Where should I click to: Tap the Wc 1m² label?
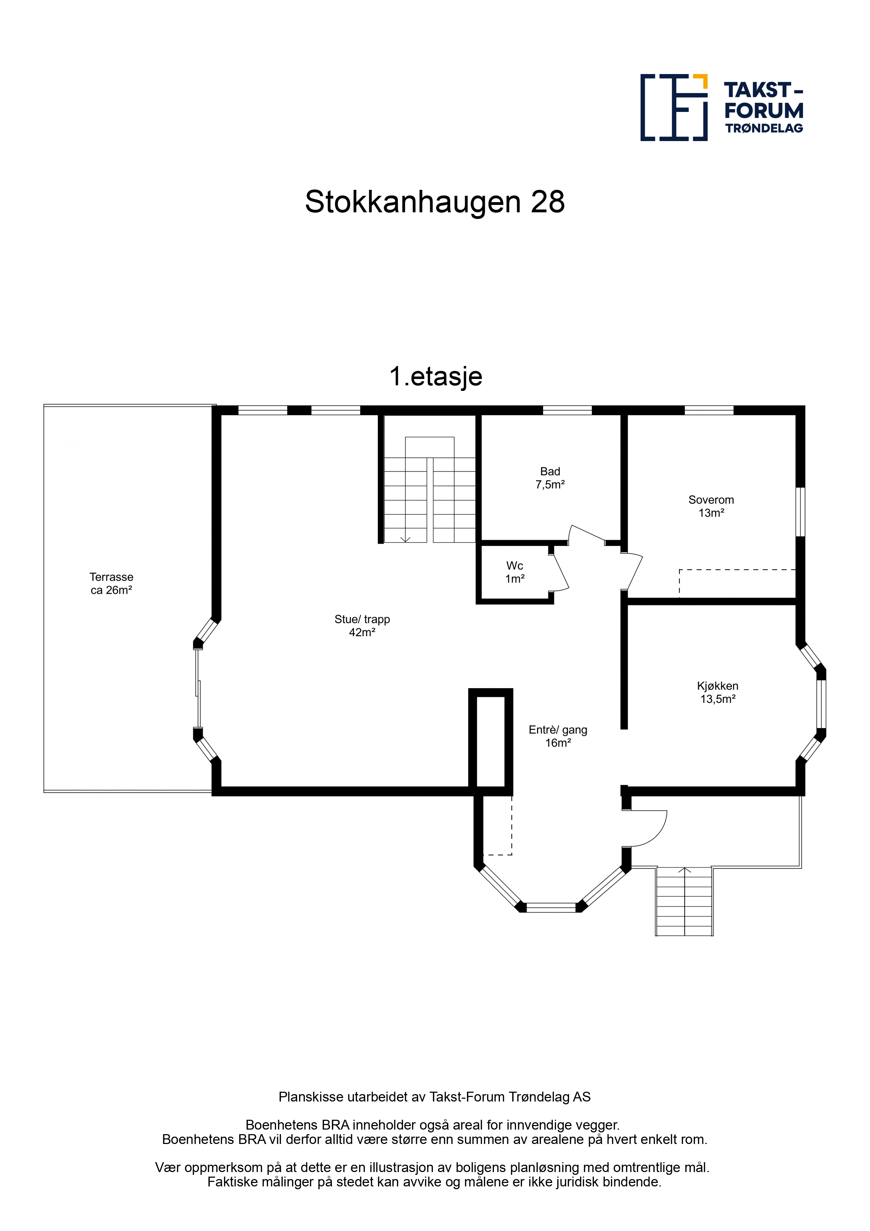tap(515, 572)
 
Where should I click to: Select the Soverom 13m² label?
tap(711, 506)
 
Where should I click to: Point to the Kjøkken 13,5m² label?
tap(718, 692)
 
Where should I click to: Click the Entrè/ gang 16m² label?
tap(558, 736)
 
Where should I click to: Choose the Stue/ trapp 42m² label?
tap(362, 626)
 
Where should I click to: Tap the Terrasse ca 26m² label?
tap(112, 583)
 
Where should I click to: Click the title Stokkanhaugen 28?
tap(435, 201)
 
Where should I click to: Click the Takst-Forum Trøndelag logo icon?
tap(674, 107)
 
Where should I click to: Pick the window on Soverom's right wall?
tap(800, 512)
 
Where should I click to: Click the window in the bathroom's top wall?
tap(567, 410)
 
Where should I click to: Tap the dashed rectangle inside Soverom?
tap(737, 583)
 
